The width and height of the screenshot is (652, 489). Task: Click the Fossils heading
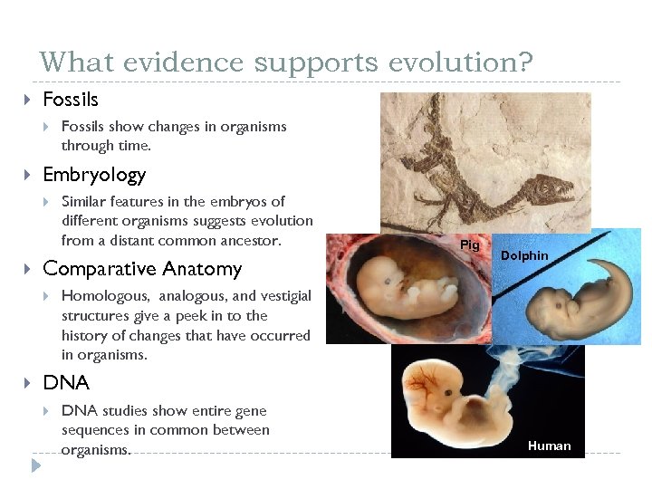tap(71, 99)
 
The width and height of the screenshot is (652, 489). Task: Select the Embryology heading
tap(94, 175)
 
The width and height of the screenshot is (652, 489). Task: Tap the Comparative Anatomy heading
tap(142, 269)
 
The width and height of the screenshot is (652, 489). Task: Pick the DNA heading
tap(66, 382)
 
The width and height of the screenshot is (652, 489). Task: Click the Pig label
tap(470, 245)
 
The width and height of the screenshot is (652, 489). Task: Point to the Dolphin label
tap(524, 256)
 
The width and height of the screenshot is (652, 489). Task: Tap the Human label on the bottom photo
tap(549, 446)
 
